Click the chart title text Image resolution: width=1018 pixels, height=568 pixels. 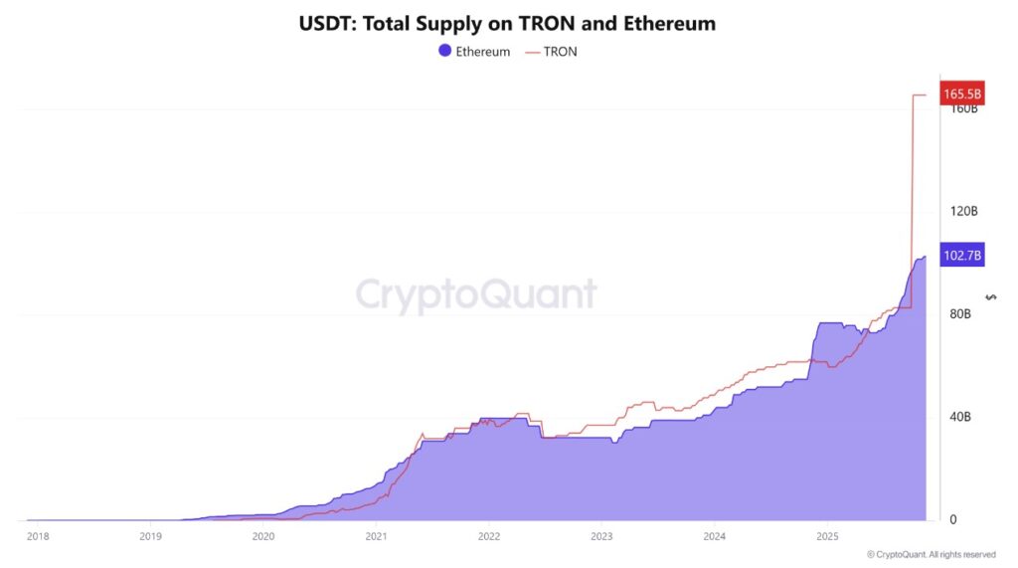[507, 23]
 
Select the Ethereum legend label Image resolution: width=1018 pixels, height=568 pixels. [482, 52]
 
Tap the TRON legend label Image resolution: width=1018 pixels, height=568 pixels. [561, 52]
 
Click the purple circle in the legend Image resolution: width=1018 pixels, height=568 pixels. [444, 51]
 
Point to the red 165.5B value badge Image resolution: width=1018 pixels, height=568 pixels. [961, 95]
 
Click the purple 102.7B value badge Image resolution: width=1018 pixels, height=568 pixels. [961, 256]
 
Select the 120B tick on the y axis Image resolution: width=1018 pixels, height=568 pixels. [963, 211]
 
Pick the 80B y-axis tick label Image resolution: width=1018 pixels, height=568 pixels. [959, 314]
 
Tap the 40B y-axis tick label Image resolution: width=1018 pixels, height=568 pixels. [959, 417]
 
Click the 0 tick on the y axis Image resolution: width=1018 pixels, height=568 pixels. [952, 519]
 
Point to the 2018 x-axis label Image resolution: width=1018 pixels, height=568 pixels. [38, 536]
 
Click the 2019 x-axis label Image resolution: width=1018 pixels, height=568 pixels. [150, 536]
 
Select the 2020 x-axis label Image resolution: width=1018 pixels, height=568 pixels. [263, 536]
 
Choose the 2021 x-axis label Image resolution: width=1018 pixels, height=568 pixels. [376, 536]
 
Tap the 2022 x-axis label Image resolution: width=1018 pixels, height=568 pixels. [488, 536]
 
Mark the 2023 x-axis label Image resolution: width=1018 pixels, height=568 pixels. [601, 536]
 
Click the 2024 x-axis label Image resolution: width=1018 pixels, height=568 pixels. [714, 536]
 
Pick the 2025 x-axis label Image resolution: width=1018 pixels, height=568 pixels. [827, 536]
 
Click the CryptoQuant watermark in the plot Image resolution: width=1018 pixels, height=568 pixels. [476, 294]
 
